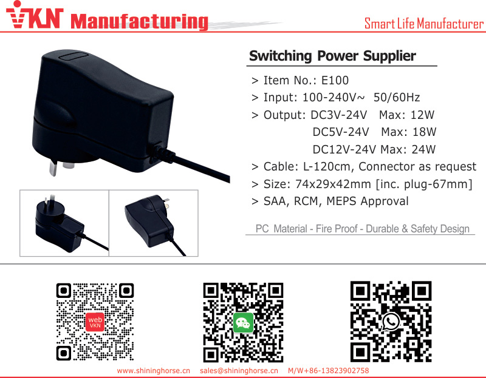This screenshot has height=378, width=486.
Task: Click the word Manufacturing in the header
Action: (x=139, y=21)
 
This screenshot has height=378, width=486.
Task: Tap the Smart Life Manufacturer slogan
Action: (x=423, y=24)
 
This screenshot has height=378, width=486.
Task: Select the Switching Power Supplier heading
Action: (x=332, y=56)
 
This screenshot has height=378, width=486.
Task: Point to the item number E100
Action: (x=335, y=81)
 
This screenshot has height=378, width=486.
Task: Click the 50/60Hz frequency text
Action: (x=397, y=98)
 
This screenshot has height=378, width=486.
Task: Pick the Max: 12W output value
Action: (x=406, y=115)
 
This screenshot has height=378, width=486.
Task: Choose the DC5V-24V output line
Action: (x=341, y=132)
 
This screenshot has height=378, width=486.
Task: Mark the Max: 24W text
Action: (x=408, y=149)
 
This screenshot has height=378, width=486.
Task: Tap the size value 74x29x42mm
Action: (x=333, y=184)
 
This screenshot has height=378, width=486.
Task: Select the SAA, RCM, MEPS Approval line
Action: (x=336, y=201)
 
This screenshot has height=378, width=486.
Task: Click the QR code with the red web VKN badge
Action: (x=95, y=322)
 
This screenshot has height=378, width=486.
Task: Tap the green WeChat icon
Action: (x=244, y=323)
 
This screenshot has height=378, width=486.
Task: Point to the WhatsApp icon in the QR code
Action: (x=391, y=322)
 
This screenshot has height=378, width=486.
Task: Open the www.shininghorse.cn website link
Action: (x=154, y=371)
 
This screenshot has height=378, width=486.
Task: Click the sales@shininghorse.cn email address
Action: (x=239, y=371)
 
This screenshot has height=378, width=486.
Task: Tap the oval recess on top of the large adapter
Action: (x=74, y=56)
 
